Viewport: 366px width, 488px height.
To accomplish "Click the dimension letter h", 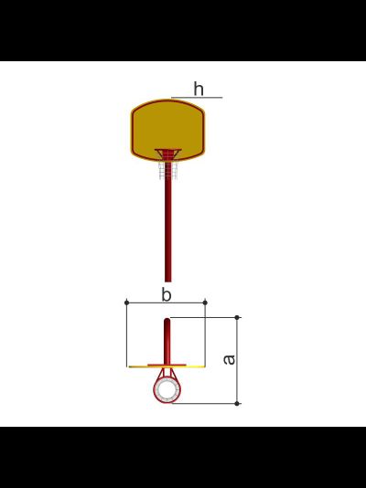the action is coord(199,89).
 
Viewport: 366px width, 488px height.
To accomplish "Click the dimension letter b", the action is coord(167,294).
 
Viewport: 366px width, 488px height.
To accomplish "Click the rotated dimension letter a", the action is coord(230,359).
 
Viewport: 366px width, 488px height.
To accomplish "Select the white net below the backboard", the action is coord(168,170).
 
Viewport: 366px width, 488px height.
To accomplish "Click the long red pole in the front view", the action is coord(167,230).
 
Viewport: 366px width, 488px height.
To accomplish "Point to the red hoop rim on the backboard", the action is coord(167,150).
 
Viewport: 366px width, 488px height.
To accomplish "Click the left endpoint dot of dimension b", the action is coord(126,302).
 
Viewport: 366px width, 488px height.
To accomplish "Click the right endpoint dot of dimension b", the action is coord(205,302).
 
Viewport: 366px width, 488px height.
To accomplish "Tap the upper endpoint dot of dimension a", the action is coord(237,317).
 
